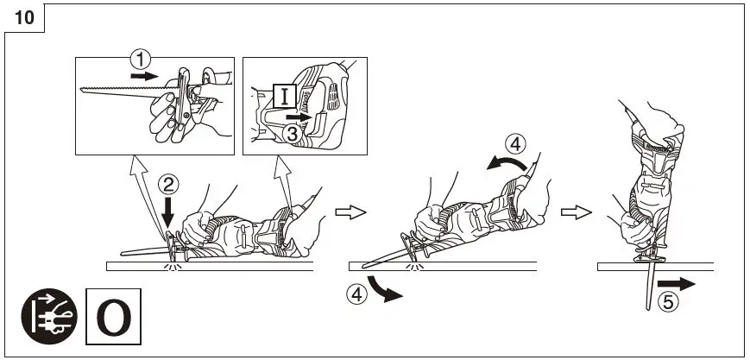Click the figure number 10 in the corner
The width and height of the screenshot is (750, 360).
point(24,18)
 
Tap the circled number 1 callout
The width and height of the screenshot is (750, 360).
point(140,60)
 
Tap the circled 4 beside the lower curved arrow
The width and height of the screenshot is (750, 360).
point(356,294)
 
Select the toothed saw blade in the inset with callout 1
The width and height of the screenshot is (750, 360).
point(122,91)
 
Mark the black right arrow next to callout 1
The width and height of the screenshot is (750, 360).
point(147,76)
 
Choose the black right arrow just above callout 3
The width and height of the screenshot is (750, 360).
point(297,115)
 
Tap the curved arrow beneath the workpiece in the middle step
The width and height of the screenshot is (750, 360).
point(383,289)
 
